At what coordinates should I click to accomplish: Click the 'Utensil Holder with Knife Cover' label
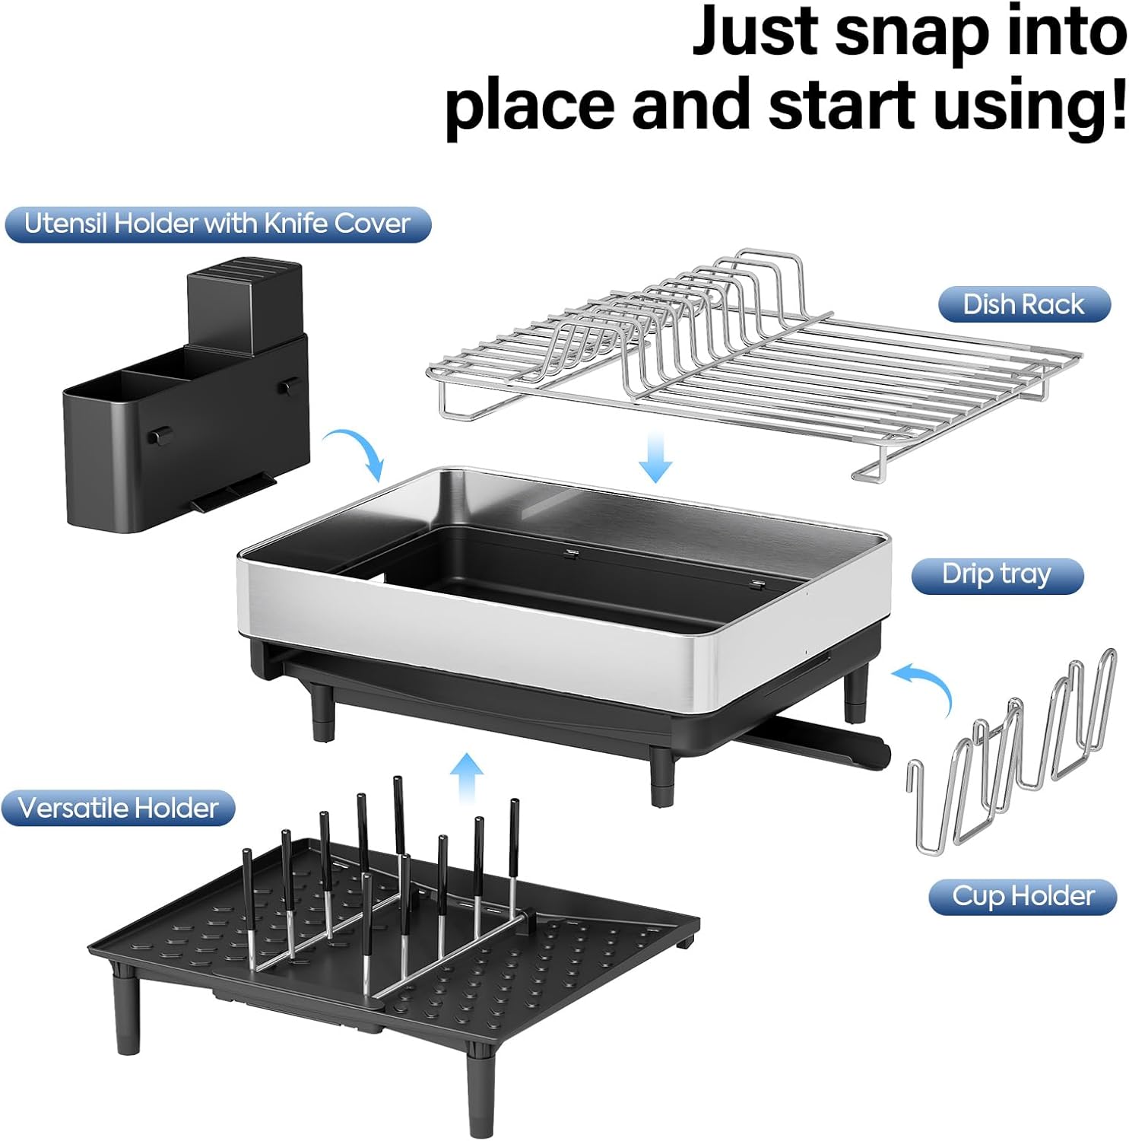(217, 224)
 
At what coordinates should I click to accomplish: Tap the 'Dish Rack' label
(1023, 304)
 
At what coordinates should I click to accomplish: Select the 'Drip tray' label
(997, 574)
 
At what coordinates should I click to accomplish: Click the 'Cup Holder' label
(1023, 896)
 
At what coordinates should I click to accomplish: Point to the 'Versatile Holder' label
(118, 808)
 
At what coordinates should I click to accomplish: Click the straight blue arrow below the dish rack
(655, 456)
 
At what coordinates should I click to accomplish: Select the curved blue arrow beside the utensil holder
(356, 453)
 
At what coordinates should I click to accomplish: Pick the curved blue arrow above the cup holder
(926, 685)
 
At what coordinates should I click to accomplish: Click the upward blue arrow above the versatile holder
(465, 777)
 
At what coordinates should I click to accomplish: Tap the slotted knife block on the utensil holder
(245, 304)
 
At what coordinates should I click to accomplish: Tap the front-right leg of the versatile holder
(480, 1095)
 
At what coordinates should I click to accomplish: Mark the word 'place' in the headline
(529, 106)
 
